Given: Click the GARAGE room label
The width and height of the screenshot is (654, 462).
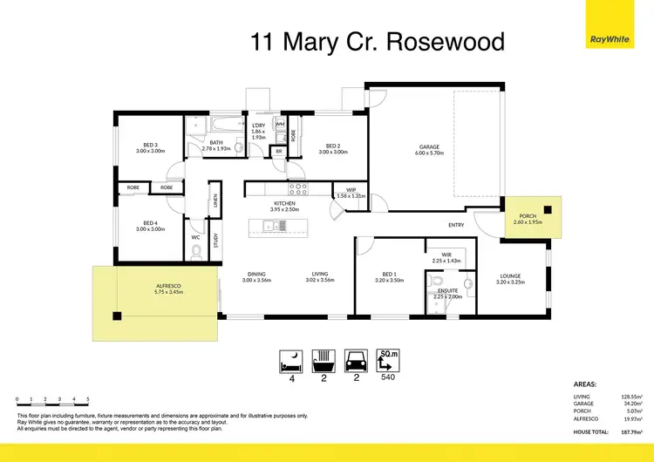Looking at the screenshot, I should pyautogui.click(x=430, y=147).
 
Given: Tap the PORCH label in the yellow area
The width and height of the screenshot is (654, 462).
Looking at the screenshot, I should pyautogui.click(x=528, y=216).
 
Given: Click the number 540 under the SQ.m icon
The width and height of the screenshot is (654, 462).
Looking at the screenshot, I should pyautogui.click(x=390, y=379).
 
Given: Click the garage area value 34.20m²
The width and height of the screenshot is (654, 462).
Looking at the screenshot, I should pyautogui.click(x=632, y=404).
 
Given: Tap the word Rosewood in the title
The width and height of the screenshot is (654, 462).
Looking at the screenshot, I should pyautogui.click(x=453, y=41).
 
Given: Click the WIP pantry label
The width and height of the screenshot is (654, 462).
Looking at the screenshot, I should pyautogui.click(x=350, y=190).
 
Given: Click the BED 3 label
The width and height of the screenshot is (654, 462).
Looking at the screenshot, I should pyautogui.click(x=150, y=146).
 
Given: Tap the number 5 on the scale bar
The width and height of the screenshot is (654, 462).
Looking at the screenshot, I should pyautogui.click(x=87, y=398).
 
